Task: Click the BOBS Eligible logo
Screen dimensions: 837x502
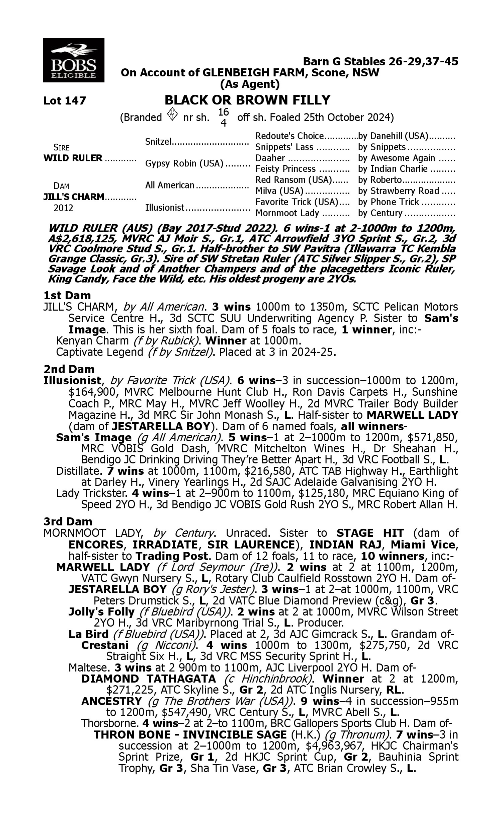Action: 73,60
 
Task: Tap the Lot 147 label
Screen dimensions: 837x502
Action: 65,100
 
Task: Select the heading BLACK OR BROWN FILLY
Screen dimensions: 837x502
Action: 247,100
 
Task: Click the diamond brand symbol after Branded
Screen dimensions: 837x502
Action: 172,114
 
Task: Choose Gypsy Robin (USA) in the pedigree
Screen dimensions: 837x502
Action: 184,163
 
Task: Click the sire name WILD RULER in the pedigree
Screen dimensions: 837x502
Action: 73,158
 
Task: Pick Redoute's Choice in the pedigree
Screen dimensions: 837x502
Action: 289,136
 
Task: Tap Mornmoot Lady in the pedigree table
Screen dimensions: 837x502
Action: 287,213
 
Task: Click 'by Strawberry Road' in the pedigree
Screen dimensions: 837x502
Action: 399,191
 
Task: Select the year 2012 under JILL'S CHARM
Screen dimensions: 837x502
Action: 63,208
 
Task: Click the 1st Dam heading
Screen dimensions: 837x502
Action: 67,295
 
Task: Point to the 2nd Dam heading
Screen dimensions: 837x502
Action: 69,369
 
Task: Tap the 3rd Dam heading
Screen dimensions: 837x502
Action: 68,521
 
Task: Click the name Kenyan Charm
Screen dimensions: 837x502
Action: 92,340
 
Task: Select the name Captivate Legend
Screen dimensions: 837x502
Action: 99,352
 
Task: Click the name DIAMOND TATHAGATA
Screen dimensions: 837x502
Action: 149,679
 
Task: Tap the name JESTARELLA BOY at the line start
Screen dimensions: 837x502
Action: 117,589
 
